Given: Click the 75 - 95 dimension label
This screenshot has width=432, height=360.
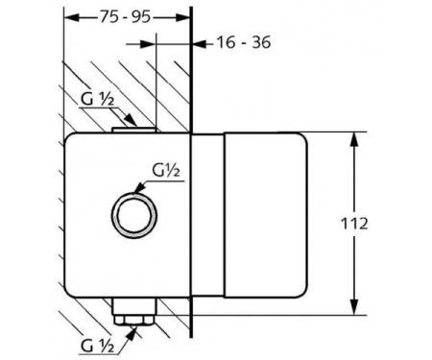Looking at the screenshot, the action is coord(125,16).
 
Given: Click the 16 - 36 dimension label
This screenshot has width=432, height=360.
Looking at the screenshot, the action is coord(244,42).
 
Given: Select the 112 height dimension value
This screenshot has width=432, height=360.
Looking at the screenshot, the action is coord(354,224).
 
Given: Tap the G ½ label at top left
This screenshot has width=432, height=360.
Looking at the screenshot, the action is coord(97,99).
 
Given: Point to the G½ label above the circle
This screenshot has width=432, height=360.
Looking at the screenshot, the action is coord(166,171).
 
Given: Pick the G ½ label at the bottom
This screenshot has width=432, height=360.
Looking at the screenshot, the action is coord(97,346).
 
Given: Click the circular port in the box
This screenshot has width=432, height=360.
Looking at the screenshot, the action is coord(134,215).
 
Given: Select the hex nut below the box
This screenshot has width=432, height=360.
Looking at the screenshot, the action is coord(134,320).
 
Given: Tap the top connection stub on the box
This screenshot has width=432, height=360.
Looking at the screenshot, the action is coord(134,130).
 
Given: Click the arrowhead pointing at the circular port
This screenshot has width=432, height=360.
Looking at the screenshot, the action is coord(139,188).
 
